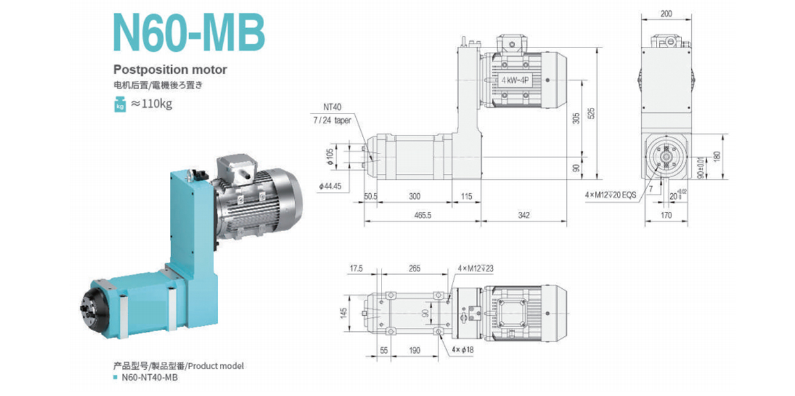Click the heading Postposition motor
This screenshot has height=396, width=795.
(x=170, y=69)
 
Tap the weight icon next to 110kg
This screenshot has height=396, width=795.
(x=120, y=103)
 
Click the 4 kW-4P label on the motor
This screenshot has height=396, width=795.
(x=515, y=80)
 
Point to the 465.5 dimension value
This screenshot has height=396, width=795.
(x=421, y=216)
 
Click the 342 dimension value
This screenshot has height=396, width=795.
(x=523, y=216)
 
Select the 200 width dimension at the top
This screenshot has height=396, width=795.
(x=666, y=13)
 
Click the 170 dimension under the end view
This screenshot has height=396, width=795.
(x=666, y=216)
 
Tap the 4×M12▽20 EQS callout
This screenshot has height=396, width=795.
(x=610, y=194)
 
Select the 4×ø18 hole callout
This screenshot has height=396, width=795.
(x=463, y=350)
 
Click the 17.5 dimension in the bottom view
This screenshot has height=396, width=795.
(x=358, y=268)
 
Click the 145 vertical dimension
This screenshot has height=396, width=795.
(x=344, y=313)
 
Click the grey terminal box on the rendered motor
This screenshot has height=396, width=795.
(x=237, y=168)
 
